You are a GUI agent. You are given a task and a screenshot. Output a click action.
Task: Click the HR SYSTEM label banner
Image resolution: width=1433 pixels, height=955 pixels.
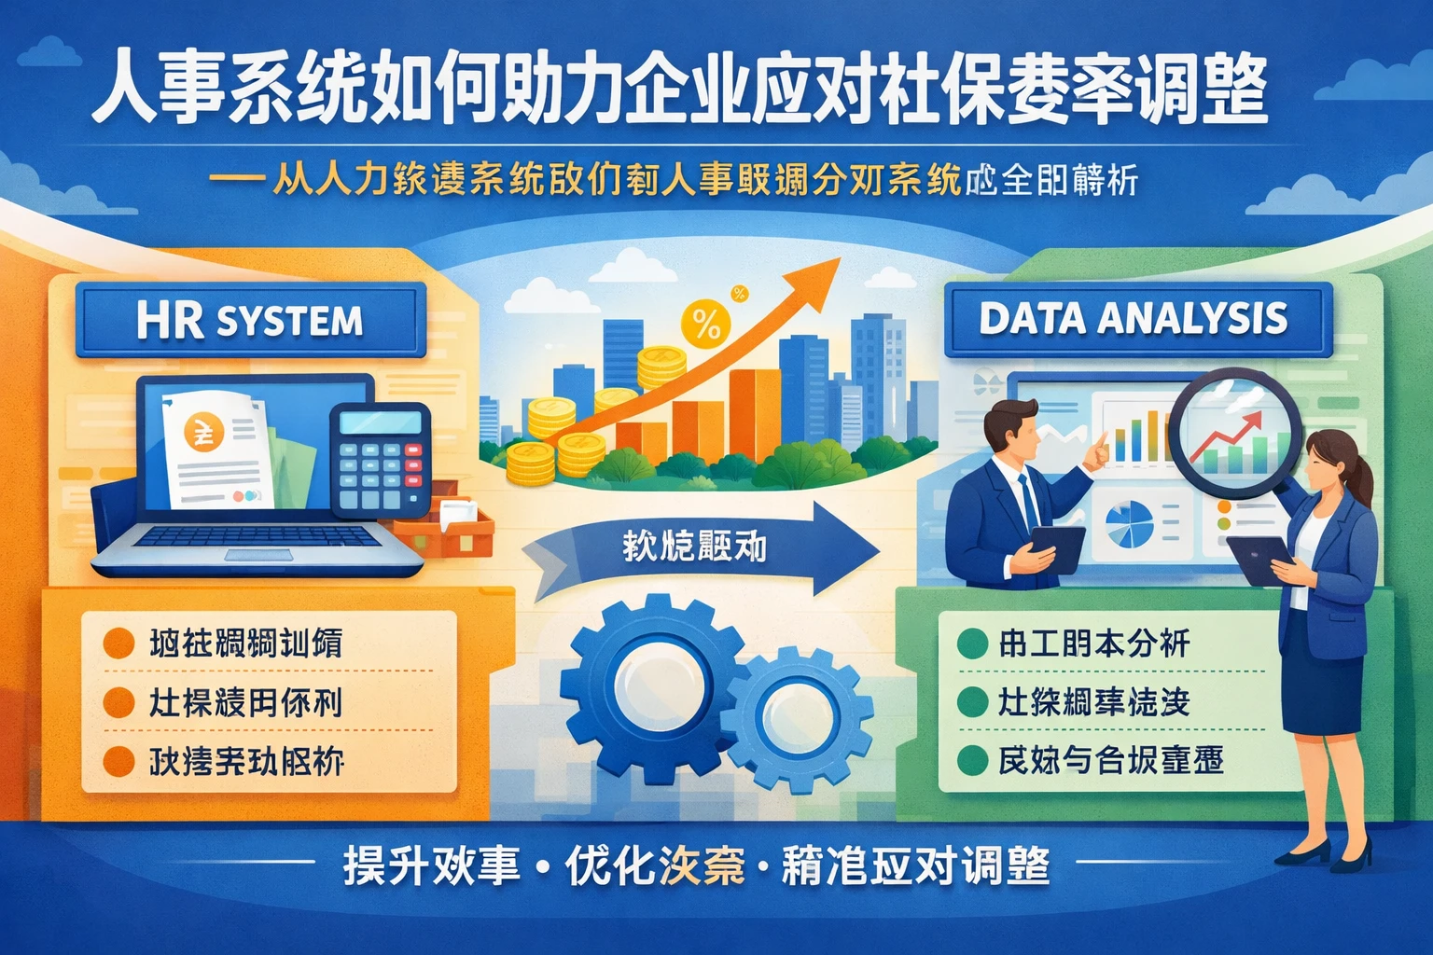(249, 321)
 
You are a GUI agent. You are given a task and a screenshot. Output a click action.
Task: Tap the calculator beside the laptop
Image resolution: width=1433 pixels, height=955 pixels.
(381, 461)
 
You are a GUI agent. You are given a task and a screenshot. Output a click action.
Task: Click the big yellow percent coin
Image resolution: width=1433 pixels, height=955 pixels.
(706, 325)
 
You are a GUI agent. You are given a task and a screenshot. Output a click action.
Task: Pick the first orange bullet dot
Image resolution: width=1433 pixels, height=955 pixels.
(118, 644)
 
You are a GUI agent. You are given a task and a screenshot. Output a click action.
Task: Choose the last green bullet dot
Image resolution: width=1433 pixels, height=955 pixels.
(972, 760)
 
